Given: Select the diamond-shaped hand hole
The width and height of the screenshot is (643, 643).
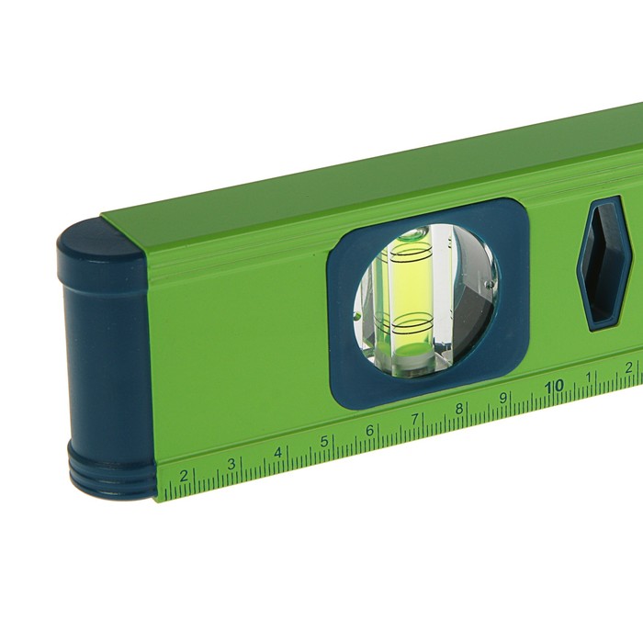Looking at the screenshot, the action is tap(606, 265).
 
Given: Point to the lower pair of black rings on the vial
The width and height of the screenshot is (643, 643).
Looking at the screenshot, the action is tap(412, 323).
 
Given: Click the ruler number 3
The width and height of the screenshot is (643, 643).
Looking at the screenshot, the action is tap(231, 464).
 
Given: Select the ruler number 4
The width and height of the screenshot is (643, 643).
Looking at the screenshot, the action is tap(277, 453).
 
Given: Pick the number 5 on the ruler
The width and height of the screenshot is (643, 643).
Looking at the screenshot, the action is tap(324, 442).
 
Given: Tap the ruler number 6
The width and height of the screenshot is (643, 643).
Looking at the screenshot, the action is tap(370, 431).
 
